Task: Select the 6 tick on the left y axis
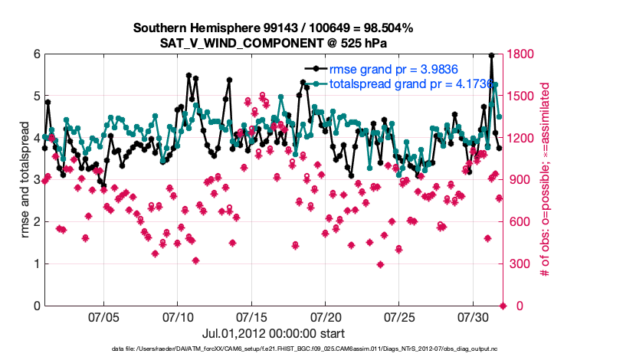tap(36, 54)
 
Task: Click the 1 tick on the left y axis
tap(36, 264)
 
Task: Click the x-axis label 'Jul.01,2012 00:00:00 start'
tap(273, 333)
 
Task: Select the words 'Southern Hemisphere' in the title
tap(186, 28)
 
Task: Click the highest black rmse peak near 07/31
tap(491, 55)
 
